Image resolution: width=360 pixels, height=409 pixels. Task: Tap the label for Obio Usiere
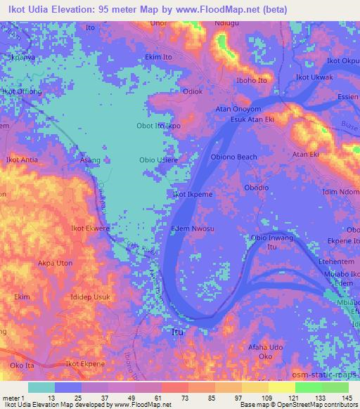pos(157,160)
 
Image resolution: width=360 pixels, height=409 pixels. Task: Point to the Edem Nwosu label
pos(192,229)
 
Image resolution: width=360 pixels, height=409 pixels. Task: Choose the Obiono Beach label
pos(234,157)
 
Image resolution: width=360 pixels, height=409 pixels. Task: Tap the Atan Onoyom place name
pos(238,109)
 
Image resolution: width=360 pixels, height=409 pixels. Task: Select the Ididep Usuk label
pos(90,297)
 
